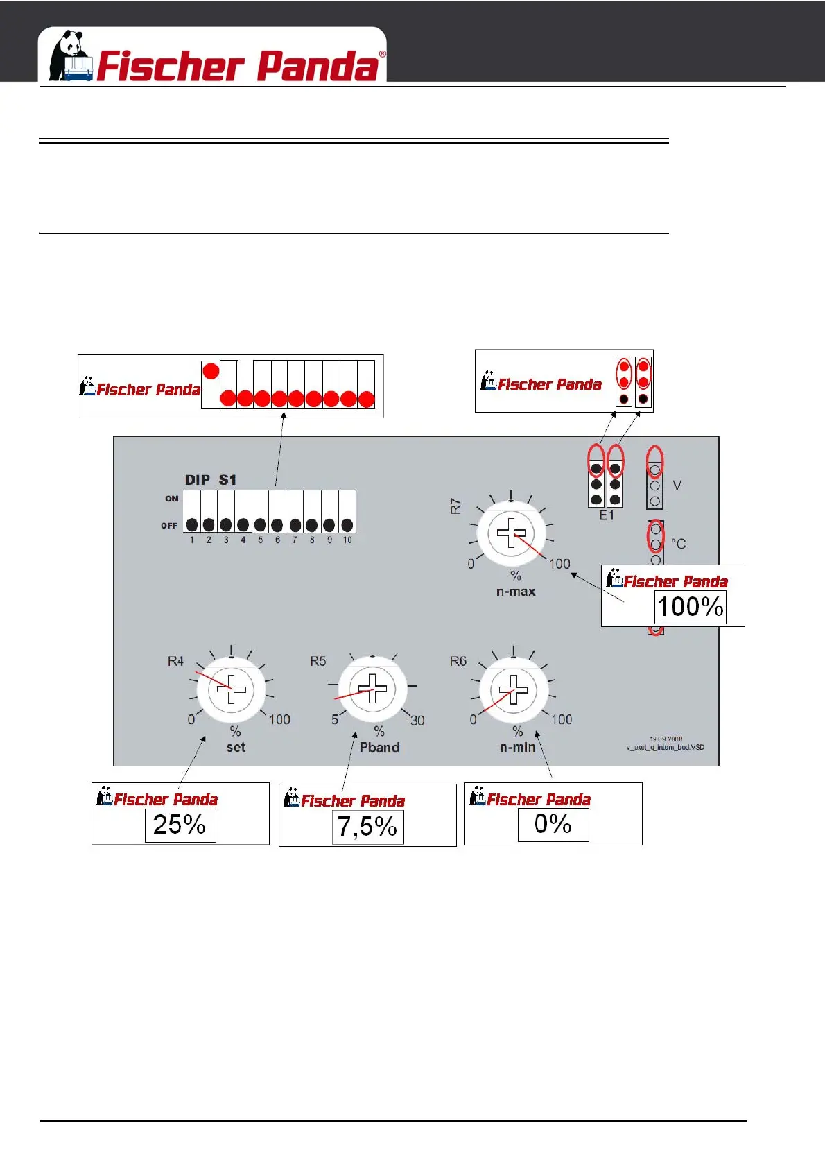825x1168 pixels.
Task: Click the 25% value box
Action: pos(180,825)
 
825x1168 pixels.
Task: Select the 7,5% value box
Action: pos(367,827)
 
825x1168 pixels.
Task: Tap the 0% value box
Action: pos(553,825)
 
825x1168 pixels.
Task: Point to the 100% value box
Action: pos(690,608)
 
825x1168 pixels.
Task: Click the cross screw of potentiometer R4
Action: pos(232,689)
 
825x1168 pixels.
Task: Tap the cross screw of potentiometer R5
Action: pos(373,689)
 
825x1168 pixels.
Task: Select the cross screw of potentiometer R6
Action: pos(514,689)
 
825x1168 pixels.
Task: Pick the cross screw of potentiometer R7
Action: pos(512,533)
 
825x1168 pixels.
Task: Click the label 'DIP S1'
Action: pos(211,480)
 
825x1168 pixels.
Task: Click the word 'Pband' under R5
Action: pos(379,747)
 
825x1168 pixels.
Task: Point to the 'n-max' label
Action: pos(516,592)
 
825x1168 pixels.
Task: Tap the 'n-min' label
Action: pos(518,747)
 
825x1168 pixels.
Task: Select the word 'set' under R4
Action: pos(236,747)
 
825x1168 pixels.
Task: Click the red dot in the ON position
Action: pos(211,371)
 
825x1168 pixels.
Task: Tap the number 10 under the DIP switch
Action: pos(347,540)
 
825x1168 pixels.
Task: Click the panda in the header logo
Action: pos(70,55)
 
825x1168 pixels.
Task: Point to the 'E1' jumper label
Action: pos(607,515)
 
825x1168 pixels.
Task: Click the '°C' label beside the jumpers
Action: pos(679,544)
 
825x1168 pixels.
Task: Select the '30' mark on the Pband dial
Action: pos(417,721)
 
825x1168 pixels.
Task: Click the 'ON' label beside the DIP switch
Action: pos(172,499)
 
